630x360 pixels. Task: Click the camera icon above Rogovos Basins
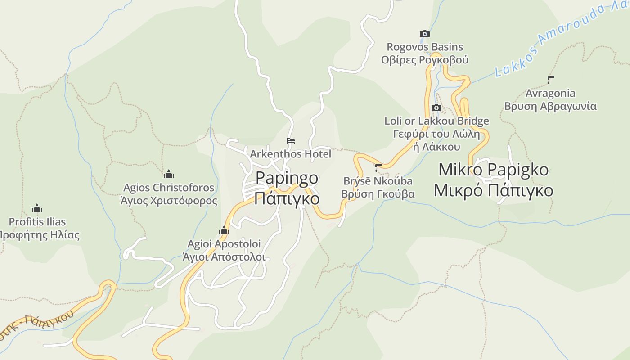tap(424, 34)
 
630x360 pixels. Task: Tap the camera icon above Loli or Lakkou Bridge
tap(436, 108)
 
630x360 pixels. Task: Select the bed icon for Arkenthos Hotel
tap(291, 141)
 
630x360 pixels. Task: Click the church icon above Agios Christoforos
tap(169, 174)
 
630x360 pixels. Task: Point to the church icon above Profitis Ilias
tap(37, 209)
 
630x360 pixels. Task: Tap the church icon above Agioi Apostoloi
tap(224, 231)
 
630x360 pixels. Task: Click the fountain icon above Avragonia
tap(550, 80)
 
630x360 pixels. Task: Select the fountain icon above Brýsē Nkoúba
tap(378, 168)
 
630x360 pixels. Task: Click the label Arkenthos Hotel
tap(290, 154)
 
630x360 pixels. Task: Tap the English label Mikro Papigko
tap(493, 170)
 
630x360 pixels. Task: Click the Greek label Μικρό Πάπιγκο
tap(493, 190)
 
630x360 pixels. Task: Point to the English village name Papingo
tap(287, 178)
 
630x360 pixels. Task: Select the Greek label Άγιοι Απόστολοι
tap(224, 257)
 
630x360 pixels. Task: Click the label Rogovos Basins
tap(425, 47)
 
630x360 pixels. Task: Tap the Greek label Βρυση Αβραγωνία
tap(550, 107)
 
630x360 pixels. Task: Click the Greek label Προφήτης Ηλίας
tap(39, 235)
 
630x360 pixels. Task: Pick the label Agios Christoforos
tap(169, 187)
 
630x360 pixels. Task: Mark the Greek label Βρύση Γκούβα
tap(378, 194)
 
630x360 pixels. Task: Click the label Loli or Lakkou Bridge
tap(436, 121)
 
